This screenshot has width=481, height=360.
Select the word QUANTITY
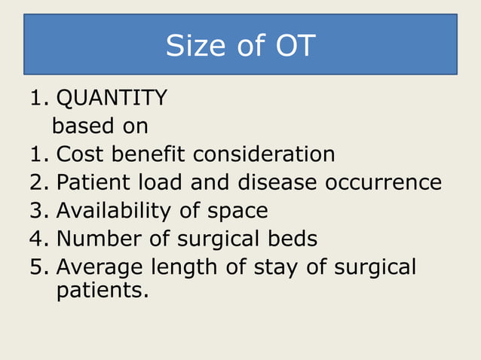pyautogui.click(x=112, y=98)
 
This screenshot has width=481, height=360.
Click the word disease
pyautogui.click(x=277, y=182)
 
